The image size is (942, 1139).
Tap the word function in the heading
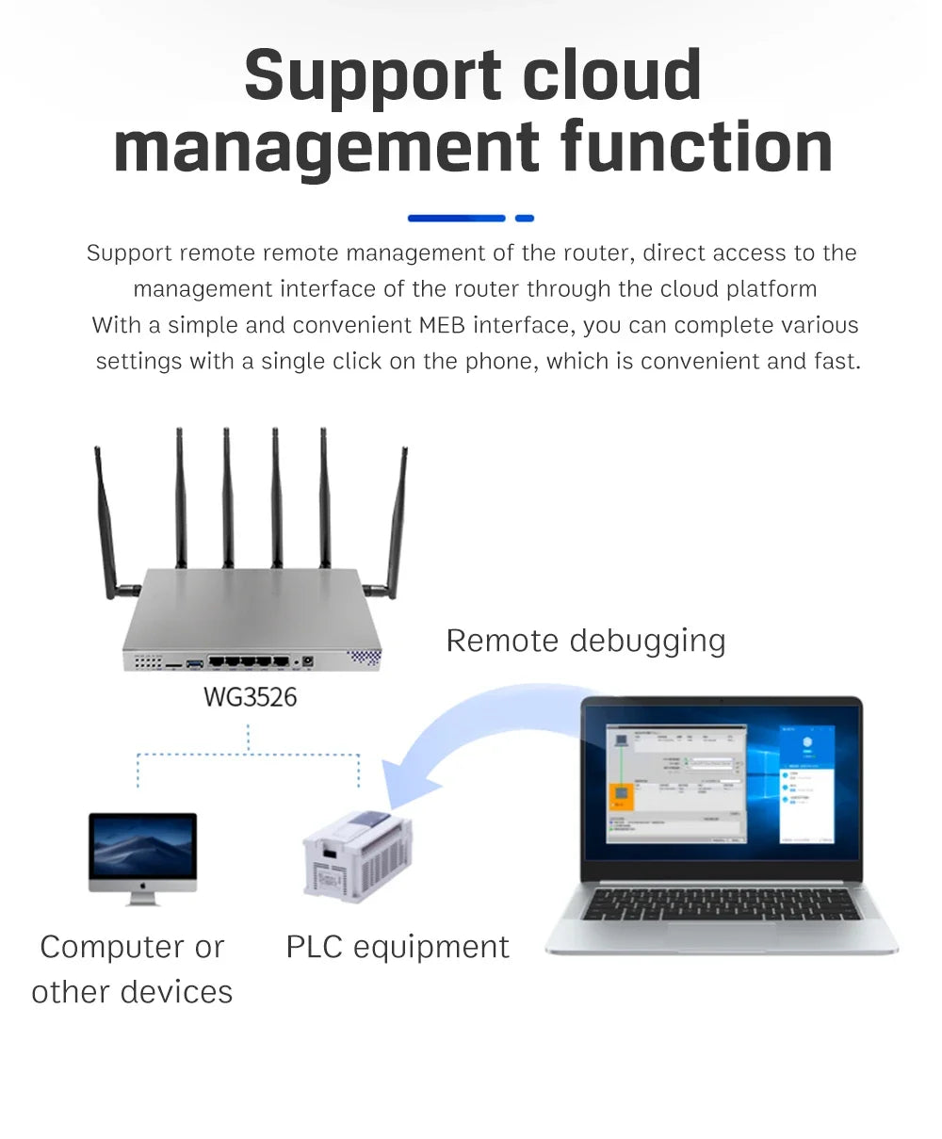(696, 147)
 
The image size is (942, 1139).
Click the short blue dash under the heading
(525, 219)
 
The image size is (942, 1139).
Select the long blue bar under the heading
(456, 219)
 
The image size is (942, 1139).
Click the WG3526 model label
(250, 697)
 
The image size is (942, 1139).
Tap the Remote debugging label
(585, 641)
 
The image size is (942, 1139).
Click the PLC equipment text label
(397, 947)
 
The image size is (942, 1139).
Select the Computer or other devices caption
(132, 969)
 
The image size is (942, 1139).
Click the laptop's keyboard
(721, 904)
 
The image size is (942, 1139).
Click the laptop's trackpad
(722, 936)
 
